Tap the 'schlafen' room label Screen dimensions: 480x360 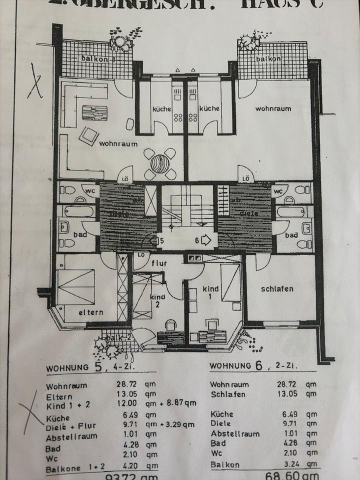point(276,289)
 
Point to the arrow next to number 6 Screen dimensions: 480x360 point(206,240)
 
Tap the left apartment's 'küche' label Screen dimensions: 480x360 point(162,108)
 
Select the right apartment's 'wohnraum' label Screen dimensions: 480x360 point(273,108)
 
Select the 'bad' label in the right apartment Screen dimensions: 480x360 point(291,235)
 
